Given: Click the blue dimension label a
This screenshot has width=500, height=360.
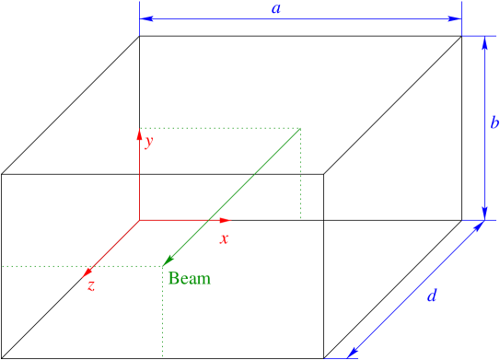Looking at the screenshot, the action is tap(275, 9).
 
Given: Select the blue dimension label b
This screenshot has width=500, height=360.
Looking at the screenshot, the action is tap(494, 123).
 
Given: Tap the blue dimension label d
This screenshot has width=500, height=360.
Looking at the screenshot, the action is tap(432, 296).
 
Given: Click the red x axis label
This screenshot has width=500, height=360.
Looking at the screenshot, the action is tap(223, 238).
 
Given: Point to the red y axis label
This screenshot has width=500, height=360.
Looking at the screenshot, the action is tap(148, 142).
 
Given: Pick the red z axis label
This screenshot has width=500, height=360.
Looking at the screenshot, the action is tap(91, 285).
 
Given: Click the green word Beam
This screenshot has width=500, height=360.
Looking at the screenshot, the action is tap(188, 278).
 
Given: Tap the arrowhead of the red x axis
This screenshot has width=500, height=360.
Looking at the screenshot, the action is tap(227, 220).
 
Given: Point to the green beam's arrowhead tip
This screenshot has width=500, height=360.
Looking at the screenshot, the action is tap(164, 264).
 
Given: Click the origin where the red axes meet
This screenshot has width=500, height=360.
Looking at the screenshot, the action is tap(139, 220).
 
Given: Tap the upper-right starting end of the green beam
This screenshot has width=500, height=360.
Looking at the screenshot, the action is tap(301, 128).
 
